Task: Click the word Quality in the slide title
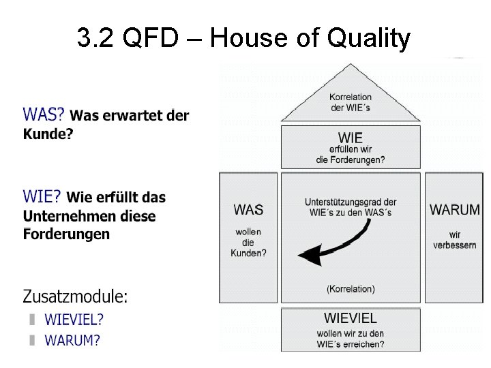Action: coord(368,39)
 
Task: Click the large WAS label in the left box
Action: coord(248,209)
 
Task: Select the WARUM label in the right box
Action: coord(454,209)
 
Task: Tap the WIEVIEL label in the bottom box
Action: coord(351,318)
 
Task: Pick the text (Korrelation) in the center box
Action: coord(351,289)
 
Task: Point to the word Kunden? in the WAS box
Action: coord(248,253)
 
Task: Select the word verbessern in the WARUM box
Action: coord(454,245)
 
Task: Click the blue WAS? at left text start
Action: coord(44,114)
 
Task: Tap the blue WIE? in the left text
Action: coord(42,197)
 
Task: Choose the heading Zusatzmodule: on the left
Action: coord(75,296)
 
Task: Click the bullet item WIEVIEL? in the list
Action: coord(74,319)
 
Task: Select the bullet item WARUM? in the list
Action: coord(72,340)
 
